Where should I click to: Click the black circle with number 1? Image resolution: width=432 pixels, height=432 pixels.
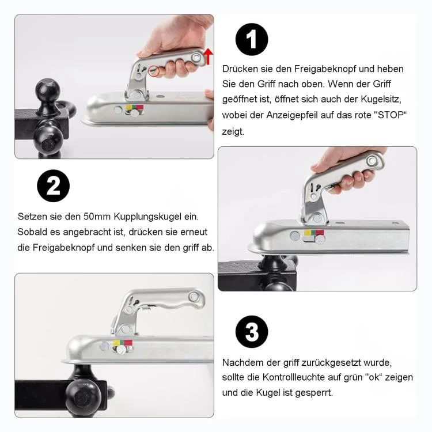click(x=252, y=39)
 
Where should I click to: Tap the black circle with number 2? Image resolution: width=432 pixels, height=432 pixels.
click(x=53, y=185)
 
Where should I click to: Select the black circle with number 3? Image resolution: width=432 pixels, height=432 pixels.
click(x=252, y=332)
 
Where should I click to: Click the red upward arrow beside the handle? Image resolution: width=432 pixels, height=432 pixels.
click(x=209, y=56)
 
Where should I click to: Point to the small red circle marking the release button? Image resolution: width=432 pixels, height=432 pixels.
click(x=154, y=71)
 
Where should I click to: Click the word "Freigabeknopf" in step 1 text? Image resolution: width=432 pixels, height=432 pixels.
click(x=325, y=69)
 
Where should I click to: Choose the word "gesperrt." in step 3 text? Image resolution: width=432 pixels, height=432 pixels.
click(x=313, y=393)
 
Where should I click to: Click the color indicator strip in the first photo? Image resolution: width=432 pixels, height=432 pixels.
click(x=135, y=107)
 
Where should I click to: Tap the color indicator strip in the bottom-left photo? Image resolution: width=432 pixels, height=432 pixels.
click(x=123, y=343)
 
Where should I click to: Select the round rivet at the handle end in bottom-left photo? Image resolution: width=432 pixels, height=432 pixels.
click(x=193, y=297)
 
